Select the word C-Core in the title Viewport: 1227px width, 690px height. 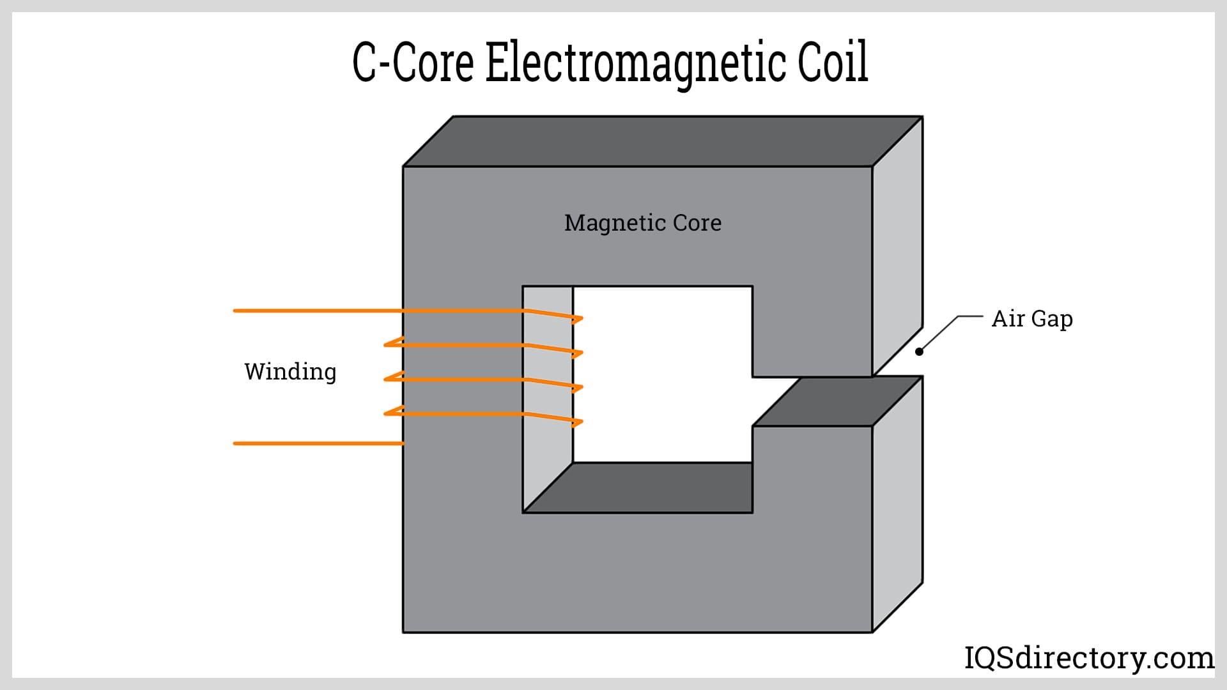[413, 63]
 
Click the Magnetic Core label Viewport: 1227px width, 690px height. [642, 223]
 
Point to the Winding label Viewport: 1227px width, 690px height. [290, 372]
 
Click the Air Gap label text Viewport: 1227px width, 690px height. [1031, 319]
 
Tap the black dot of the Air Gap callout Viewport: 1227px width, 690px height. [919, 351]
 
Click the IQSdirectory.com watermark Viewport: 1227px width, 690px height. [1088, 657]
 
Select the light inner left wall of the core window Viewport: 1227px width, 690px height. [548, 447]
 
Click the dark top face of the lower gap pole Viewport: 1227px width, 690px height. [837, 401]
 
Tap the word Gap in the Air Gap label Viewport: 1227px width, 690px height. [1052, 319]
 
